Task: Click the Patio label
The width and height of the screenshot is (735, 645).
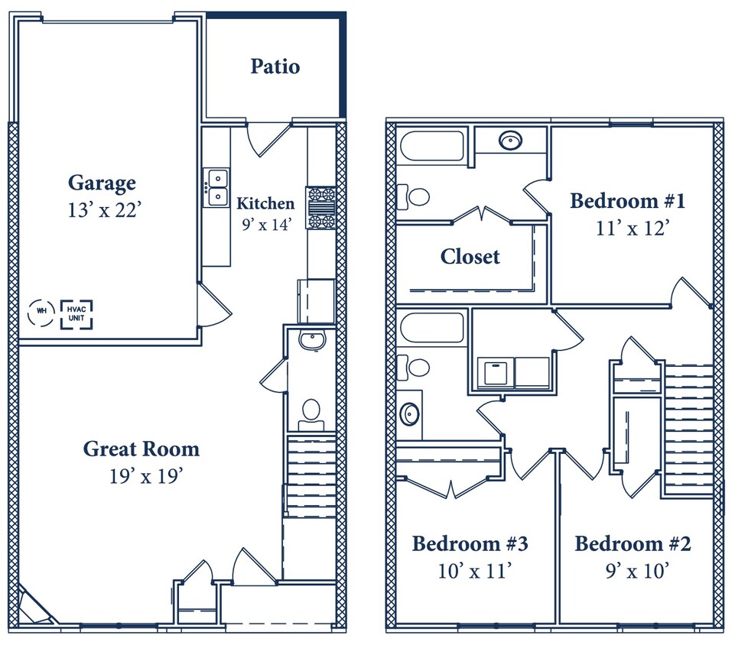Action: click(x=275, y=66)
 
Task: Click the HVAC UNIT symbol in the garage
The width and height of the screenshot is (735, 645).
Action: click(x=76, y=314)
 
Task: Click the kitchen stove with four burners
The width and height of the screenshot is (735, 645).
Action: click(x=322, y=208)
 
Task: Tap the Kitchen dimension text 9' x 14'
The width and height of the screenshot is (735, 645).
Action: click(x=265, y=225)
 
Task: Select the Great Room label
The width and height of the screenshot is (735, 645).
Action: click(x=141, y=449)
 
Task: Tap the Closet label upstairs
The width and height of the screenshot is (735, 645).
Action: click(x=470, y=257)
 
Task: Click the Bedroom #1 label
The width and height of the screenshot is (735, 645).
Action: click(x=627, y=201)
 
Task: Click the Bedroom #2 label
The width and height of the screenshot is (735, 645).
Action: click(x=633, y=544)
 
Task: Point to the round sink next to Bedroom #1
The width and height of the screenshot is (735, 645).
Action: click(x=510, y=141)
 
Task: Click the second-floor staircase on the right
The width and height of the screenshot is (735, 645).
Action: click(x=688, y=428)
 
